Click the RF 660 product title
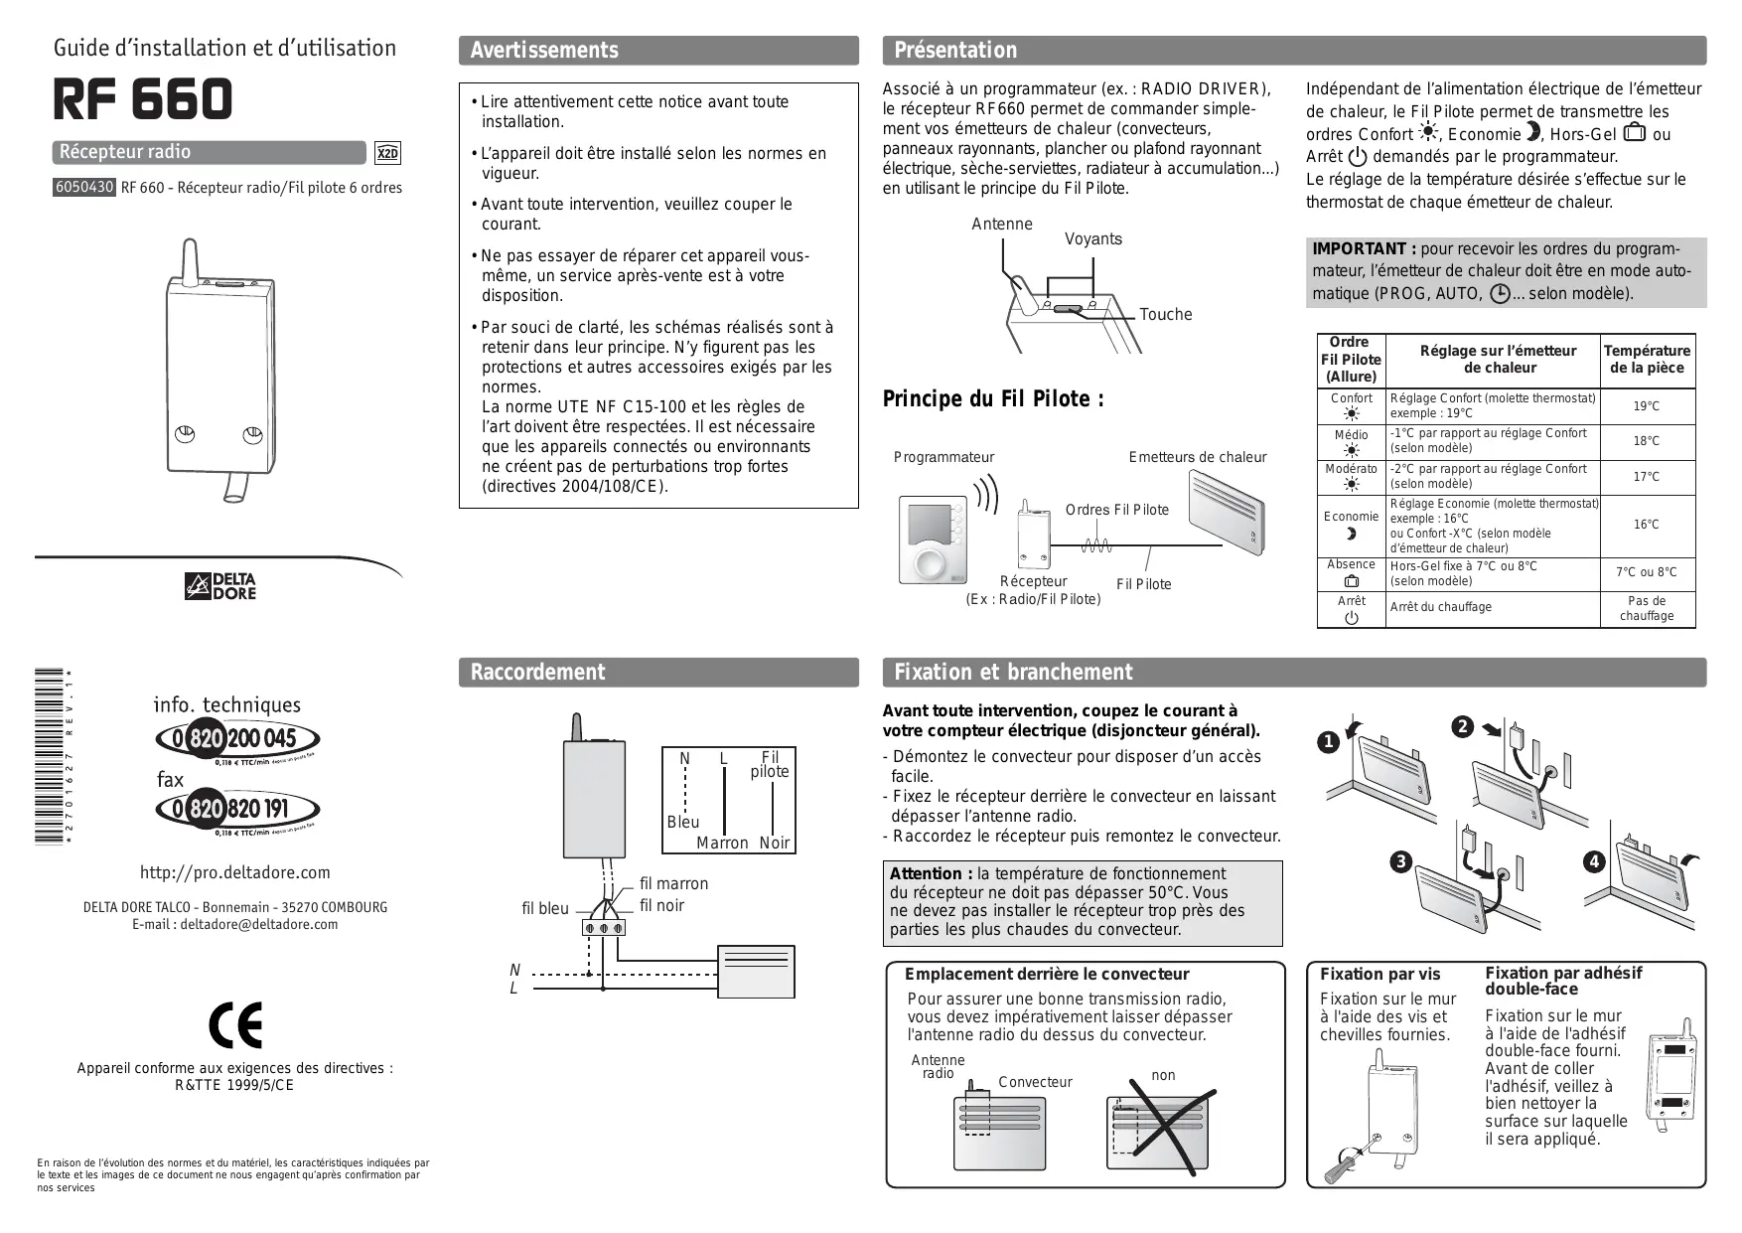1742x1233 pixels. click(142, 99)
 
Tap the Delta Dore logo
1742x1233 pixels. click(220, 587)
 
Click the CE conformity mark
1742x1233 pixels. click(235, 1024)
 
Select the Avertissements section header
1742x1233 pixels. click(544, 51)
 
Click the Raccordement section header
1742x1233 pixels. click(537, 673)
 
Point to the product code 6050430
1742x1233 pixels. click(84, 187)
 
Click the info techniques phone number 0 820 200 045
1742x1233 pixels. click(238, 739)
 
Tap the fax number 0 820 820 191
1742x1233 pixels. click(238, 809)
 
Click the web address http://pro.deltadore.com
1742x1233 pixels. click(234, 872)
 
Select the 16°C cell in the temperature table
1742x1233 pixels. click(1646, 525)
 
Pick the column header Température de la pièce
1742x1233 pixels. click(1646, 360)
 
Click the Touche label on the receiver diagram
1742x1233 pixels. click(1165, 315)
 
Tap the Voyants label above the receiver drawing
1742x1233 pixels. click(1092, 239)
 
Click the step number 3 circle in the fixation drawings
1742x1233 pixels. click(1400, 861)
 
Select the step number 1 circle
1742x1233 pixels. click(1328, 742)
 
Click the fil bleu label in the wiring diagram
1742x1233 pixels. click(545, 908)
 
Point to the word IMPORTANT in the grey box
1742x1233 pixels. click(1358, 249)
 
